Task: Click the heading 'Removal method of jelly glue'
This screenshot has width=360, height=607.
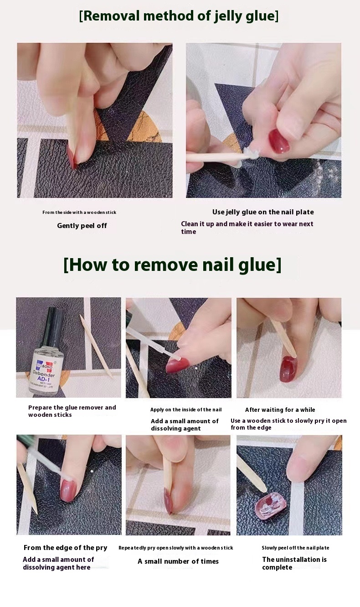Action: [179, 16]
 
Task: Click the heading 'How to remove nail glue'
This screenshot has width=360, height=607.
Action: [172, 265]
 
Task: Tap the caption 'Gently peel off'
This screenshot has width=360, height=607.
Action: [82, 226]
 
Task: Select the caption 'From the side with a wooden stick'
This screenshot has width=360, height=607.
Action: [79, 213]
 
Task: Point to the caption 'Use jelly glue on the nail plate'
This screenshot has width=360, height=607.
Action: [263, 212]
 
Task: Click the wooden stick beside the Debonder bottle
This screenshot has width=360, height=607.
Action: [96, 346]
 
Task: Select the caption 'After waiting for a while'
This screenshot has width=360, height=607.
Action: [280, 410]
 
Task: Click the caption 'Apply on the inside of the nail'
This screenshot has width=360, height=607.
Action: [186, 410]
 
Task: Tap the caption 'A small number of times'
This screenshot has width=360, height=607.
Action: [178, 561]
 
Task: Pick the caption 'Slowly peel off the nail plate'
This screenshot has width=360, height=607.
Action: [296, 548]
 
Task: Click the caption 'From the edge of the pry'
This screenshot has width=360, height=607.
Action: [66, 548]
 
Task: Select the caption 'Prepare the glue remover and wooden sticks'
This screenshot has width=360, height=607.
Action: [72, 411]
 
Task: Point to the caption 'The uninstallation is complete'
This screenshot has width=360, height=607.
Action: [294, 563]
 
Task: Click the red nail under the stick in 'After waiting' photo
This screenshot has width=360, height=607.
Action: [288, 369]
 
